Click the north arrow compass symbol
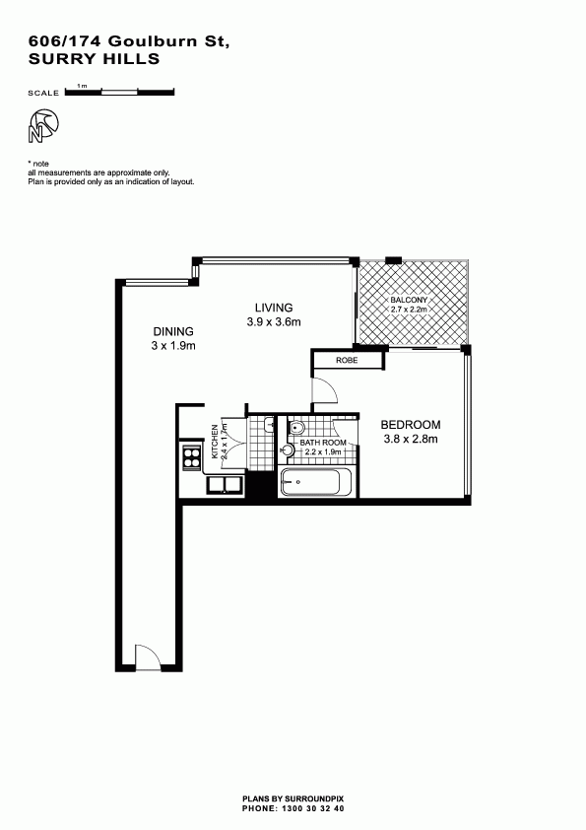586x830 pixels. (42, 126)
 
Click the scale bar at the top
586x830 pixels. (119, 92)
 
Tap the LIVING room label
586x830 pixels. (274, 308)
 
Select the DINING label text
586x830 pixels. (173, 332)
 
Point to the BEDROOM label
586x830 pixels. (411, 425)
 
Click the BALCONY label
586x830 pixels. (409, 300)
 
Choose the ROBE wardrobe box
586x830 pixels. (348, 361)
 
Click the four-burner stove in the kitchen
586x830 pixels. (191, 457)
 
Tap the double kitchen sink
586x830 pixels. (225, 484)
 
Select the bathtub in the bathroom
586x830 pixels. (316, 482)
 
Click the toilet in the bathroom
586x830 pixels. (296, 427)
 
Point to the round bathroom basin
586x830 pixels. (288, 450)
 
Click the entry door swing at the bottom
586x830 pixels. (148, 657)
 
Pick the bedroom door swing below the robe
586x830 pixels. (325, 389)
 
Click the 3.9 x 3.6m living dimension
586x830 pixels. (274, 321)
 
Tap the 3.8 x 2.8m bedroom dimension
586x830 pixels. (411, 439)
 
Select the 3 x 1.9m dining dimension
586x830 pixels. (173, 346)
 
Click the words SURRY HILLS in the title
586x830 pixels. (95, 59)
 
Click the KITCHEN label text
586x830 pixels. (215, 442)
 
